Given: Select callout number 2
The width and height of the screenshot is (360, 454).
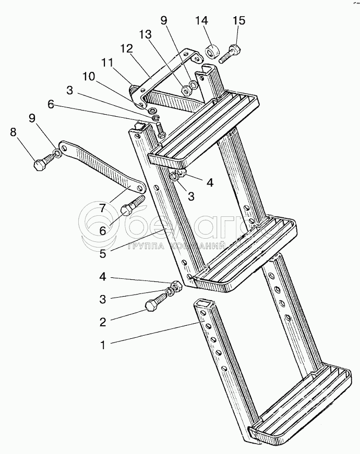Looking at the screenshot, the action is point(103,322).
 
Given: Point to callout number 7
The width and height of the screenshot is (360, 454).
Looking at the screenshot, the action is point(103,208).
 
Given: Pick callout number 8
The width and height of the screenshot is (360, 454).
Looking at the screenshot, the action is point(13,132).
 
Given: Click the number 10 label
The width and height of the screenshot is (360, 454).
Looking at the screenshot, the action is point(89,77).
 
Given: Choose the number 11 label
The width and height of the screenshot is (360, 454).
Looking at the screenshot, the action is point(107,63).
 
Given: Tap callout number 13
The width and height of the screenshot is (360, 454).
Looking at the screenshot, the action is point(145,34).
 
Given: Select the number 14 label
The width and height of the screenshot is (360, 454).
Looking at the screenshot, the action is point(201,21).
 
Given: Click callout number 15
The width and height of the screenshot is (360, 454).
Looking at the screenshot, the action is point(238,21).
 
